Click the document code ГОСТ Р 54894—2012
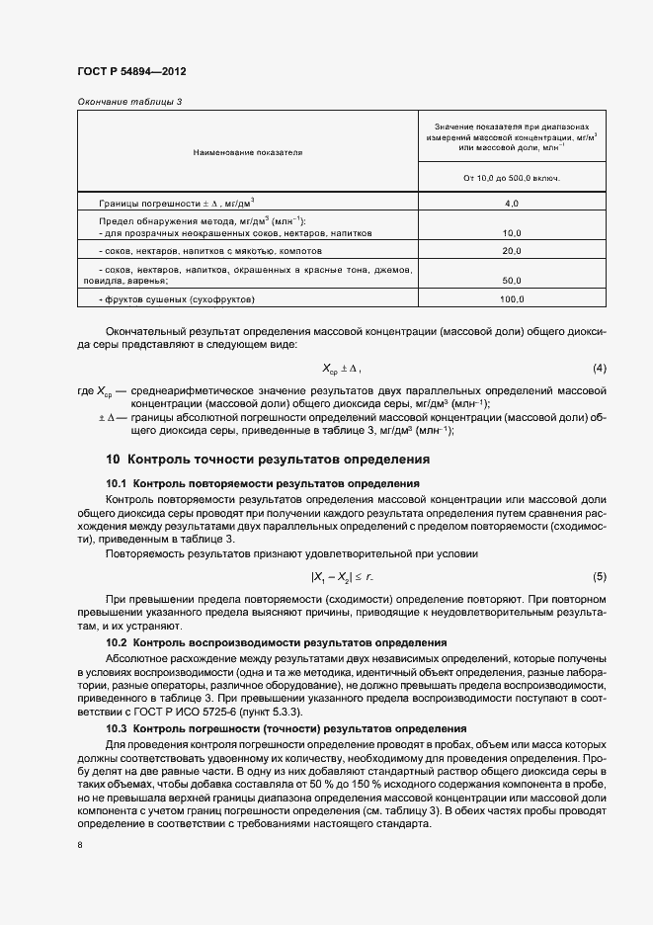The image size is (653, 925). coord(130,73)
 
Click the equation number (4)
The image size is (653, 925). coord(599,369)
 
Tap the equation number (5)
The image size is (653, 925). coord(599,576)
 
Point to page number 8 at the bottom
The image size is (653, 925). coord(79,845)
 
